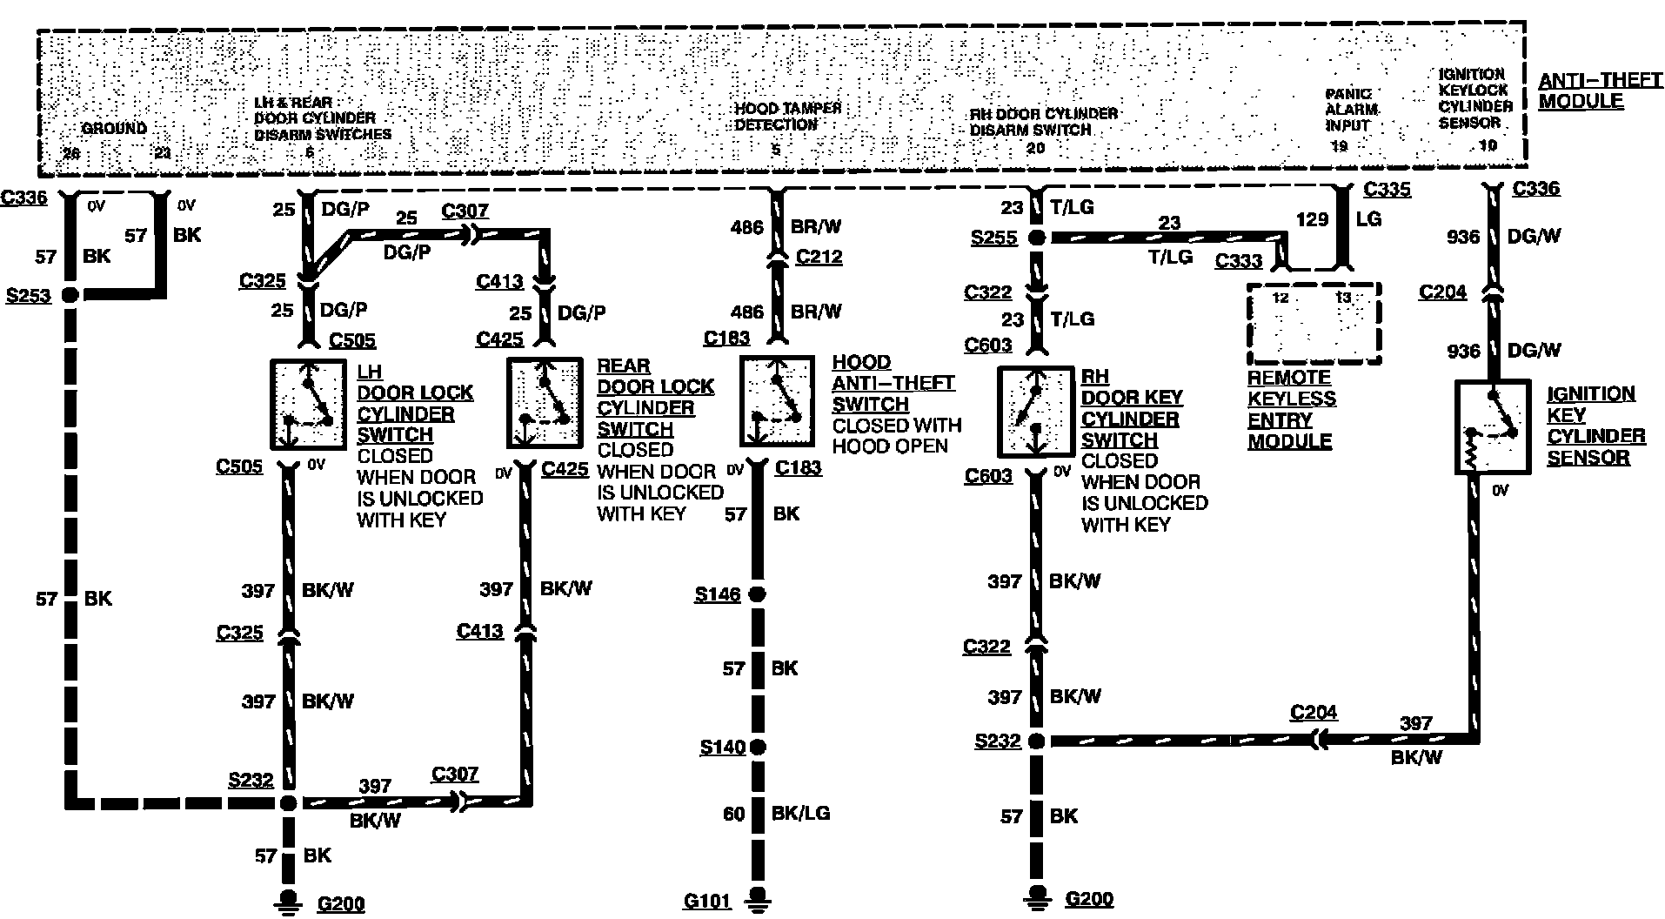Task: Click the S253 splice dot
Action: click(69, 295)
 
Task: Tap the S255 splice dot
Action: click(1036, 238)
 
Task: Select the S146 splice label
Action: click(718, 594)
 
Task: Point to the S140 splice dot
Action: click(758, 747)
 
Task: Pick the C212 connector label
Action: click(819, 257)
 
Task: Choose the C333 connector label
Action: click(1238, 260)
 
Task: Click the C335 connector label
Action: click(1387, 190)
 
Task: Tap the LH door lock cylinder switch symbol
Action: click(308, 405)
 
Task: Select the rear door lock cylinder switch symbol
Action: click(545, 402)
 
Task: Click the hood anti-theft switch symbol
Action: click(777, 400)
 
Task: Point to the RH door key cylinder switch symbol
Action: click(1034, 412)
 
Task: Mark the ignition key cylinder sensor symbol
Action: click(1493, 426)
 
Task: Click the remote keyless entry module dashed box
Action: click(1314, 323)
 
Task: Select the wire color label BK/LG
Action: click(800, 813)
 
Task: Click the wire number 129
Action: click(1312, 219)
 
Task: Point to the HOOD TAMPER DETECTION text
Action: click(787, 117)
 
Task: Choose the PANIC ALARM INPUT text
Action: click(1351, 109)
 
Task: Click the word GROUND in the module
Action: click(114, 128)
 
